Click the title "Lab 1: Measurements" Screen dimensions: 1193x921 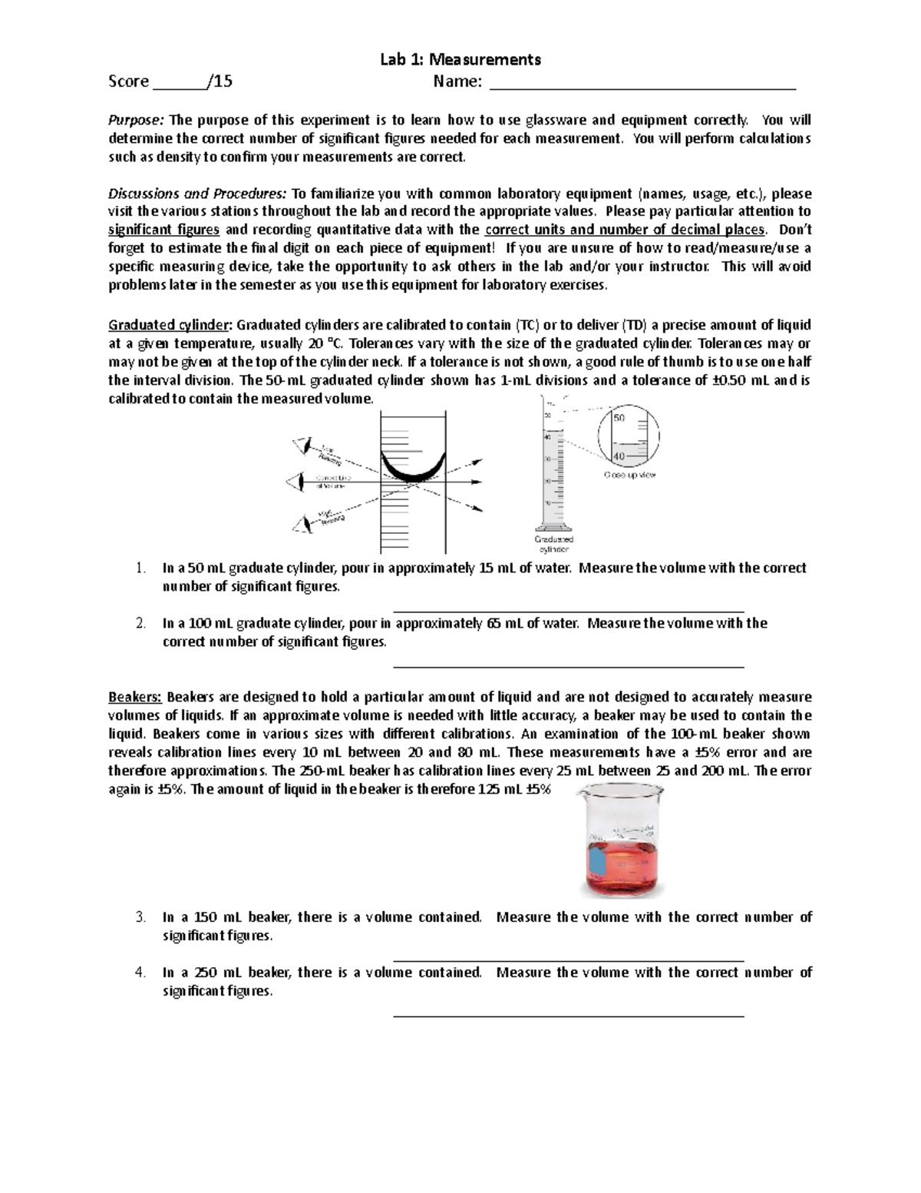[x=460, y=59]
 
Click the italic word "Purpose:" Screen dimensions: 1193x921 [x=136, y=120]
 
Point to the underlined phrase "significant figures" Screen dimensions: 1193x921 [x=164, y=230]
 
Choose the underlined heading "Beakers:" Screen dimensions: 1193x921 [x=135, y=698]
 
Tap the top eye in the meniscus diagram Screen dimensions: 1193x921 [x=305, y=445]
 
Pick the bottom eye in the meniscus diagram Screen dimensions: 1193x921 [x=304, y=524]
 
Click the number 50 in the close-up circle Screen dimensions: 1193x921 [x=619, y=418]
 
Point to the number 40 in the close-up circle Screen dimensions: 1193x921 [x=619, y=455]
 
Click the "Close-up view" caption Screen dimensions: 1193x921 [x=629, y=476]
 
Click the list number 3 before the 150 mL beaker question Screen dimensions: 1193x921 [x=140, y=917]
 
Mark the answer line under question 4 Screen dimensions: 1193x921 [x=568, y=1016]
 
